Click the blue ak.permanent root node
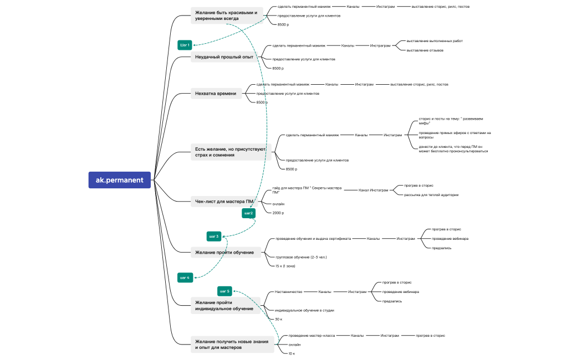pos(119,180)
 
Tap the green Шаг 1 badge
pos(185,45)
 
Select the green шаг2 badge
pos(248,213)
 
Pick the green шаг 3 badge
pos(214,236)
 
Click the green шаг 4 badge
pos(185,277)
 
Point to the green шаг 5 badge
pos(224,291)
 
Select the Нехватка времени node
pos(216,94)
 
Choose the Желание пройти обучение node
pos(224,253)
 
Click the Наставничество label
pos(288,292)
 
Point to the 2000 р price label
pos(278,213)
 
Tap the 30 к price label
pos(279,319)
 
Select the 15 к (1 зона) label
pos(285,266)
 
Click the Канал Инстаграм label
pos(374,190)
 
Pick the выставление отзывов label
pos(425,50)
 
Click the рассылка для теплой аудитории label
pos(431,195)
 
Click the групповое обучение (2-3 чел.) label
pos(302,257)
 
